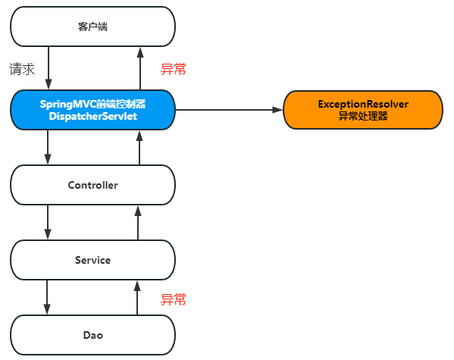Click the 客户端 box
92,27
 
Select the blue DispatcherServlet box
92,109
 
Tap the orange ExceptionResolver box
362,109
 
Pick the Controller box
92,185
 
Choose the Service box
92,260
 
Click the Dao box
92,335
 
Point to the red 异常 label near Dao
174,299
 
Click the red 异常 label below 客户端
174,69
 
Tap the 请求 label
23,69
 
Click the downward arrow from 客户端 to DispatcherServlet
48,67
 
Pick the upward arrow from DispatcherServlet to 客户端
139,67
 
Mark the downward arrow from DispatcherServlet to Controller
48,147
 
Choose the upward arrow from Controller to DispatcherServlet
139,147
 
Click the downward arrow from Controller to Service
48,222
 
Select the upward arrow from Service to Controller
139,222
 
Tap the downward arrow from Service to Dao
48,297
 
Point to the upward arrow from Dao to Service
139,297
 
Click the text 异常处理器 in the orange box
362,116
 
